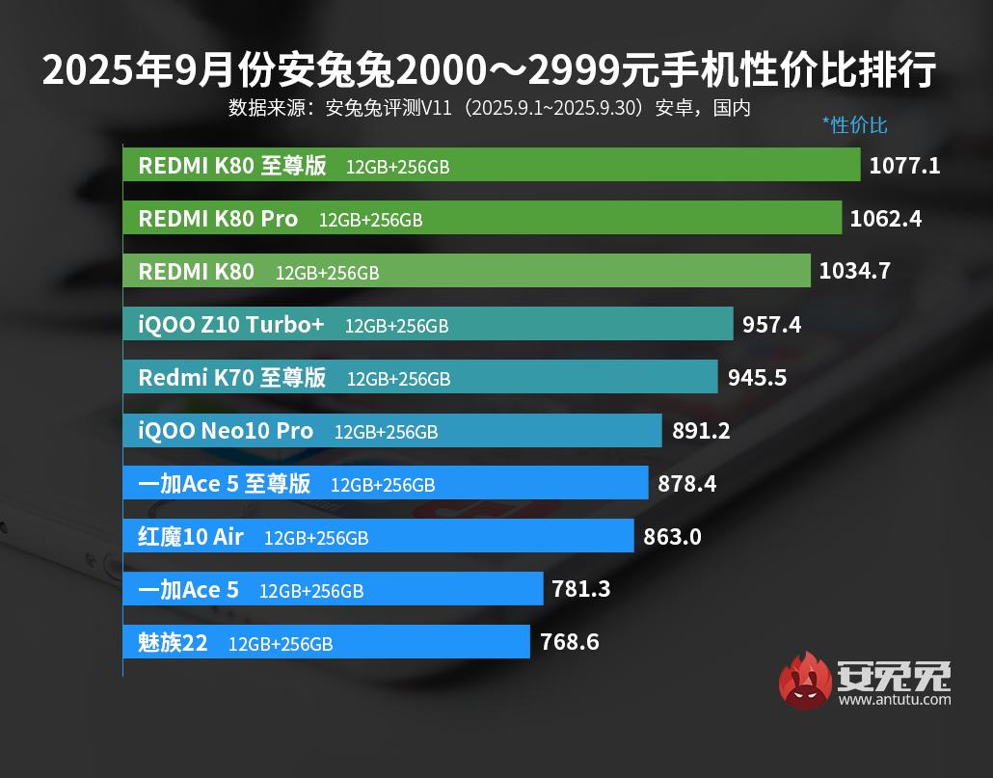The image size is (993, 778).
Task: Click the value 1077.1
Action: tap(904, 166)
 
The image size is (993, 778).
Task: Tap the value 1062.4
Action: tap(885, 219)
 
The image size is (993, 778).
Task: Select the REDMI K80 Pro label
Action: tap(218, 219)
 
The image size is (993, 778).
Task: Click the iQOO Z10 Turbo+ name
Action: tap(231, 325)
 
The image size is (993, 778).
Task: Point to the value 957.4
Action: tap(771, 325)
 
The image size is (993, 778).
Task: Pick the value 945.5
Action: tap(757, 377)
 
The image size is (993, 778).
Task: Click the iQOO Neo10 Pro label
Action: tap(226, 431)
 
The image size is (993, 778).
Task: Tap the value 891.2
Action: tap(701, 431)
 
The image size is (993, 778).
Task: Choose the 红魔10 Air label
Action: tap(191, 536)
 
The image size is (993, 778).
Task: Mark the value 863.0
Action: tap(672, 536)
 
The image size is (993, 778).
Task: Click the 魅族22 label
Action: tap(173, 642)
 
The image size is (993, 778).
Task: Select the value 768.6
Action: tap(569, 642)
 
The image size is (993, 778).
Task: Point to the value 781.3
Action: tap(581, 589)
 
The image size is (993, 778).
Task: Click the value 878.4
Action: tap(686, 483)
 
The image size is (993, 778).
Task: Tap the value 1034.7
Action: tap(854, 272)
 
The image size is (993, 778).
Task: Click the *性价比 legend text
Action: tap(854, 125)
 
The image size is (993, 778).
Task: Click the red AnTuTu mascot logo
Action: tap(805, 681)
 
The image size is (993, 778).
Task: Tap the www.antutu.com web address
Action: tap(895, 700)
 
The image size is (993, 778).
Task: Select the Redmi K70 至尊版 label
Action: tap(232, 377)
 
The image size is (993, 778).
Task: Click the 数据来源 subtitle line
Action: tap(489, 108)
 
